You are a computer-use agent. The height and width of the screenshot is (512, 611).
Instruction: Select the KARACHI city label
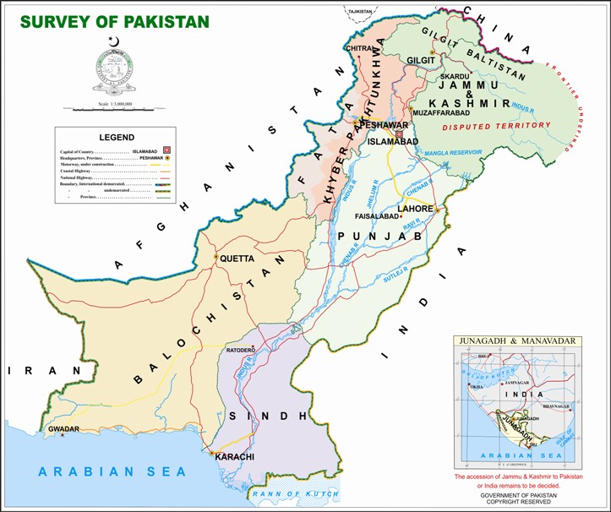236,457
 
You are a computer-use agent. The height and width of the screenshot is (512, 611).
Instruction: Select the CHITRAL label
359,49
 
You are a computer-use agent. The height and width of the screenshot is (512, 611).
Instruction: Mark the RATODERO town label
240,349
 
